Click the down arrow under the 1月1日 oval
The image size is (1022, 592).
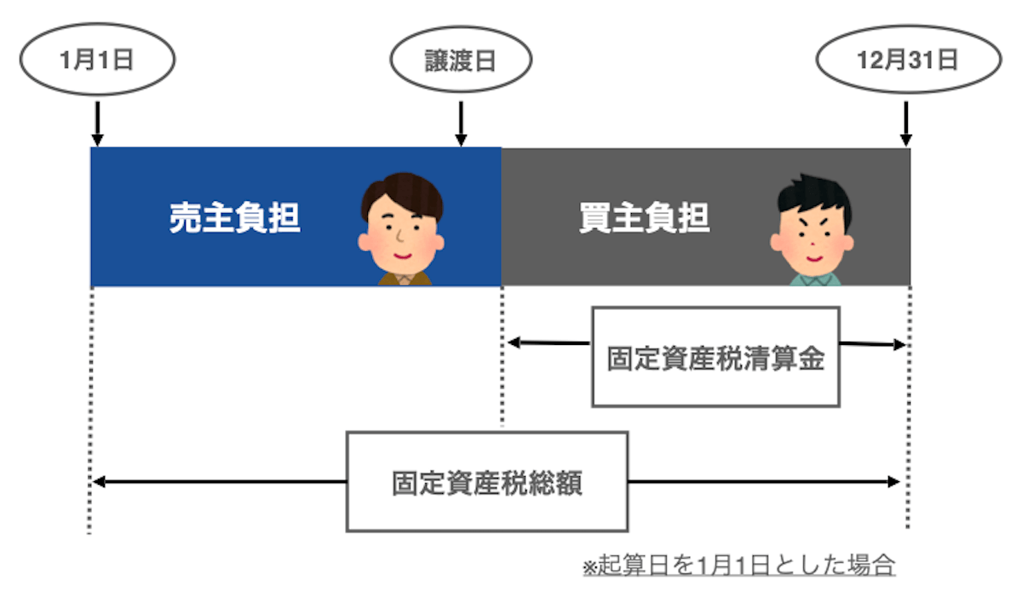tap(97, 124)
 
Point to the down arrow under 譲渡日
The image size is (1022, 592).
tap(461, 124)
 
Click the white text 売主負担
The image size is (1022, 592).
tap(234, 218)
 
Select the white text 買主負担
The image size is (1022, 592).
tap(645, 218)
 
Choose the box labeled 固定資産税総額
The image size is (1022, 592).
tap(486, 482)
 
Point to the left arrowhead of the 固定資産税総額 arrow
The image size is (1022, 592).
tap(98, 482)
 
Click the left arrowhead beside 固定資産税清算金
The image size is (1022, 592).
tap(514, 343)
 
